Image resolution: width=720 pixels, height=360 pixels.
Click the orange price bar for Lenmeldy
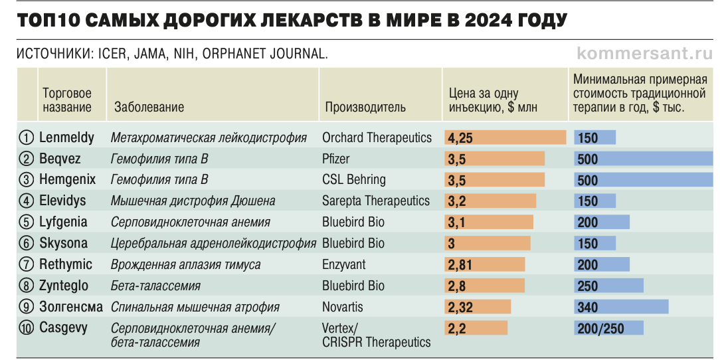point(505,137)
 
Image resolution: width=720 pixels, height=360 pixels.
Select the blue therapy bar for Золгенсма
point(621,307)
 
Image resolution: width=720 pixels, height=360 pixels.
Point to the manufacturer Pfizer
point(336,159)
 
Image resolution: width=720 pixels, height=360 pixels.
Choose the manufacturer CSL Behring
point(353,180)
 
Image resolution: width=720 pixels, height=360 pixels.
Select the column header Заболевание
point(149,107)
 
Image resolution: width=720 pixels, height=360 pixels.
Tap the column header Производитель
point(365,107)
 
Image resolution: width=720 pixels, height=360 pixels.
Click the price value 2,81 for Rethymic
point(461,265)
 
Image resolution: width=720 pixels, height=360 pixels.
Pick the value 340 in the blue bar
point(588,307)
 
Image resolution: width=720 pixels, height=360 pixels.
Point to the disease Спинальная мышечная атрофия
point(195,307)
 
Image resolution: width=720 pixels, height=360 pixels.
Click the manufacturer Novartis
point(343,307)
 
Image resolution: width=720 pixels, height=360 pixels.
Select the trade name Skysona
point(63,243)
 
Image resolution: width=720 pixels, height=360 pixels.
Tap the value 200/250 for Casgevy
point(600,328)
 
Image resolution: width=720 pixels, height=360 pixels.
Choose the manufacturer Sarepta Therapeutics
point(376,201)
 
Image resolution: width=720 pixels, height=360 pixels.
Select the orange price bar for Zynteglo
point(485,286)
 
